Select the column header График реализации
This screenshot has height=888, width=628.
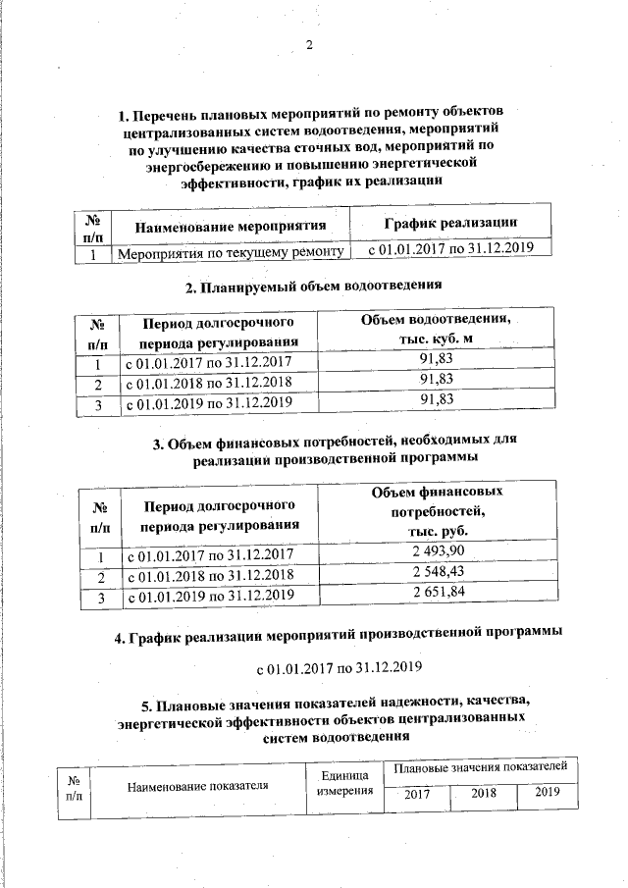450,223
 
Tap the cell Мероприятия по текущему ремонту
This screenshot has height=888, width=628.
232,252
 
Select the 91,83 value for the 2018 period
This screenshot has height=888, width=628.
436,381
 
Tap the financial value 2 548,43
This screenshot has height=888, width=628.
438,571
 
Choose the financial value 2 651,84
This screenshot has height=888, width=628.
438,593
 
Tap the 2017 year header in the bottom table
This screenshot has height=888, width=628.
417,793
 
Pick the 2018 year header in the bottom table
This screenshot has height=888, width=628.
484,793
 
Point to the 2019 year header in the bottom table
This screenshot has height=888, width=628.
548,792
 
